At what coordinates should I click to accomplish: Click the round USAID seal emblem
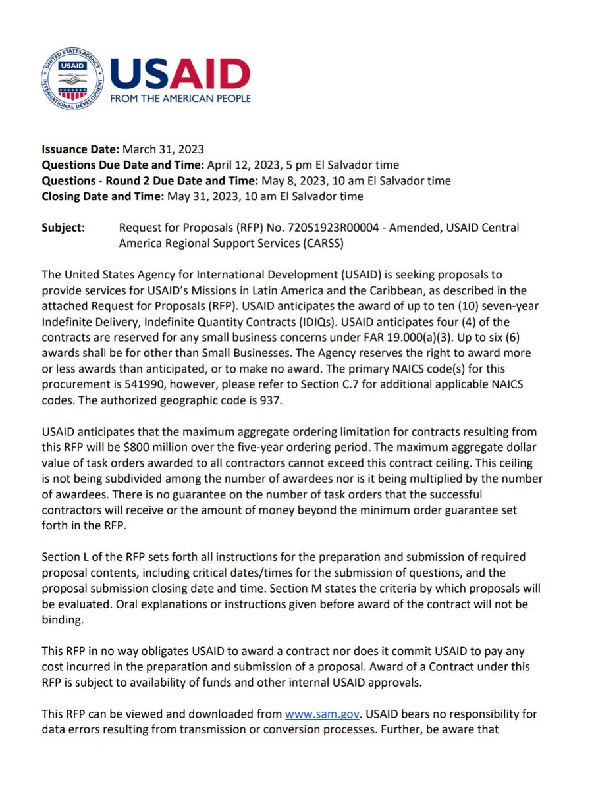click(72, 80)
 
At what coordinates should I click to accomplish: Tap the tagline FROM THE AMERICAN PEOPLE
click(180, 99)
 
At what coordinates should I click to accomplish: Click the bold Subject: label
click(63, 228)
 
